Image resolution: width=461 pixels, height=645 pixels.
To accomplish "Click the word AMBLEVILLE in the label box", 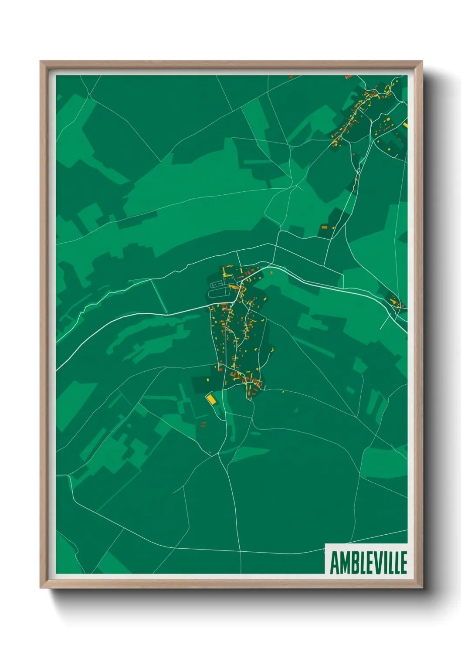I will (368, 563).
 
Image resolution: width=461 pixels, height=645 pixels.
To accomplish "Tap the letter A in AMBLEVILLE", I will (335, 563).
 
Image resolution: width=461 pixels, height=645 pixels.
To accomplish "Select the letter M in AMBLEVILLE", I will (344, 563).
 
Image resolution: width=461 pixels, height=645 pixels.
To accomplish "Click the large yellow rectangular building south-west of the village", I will (211, 399).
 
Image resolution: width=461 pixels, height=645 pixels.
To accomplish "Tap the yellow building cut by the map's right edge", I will (405, 125).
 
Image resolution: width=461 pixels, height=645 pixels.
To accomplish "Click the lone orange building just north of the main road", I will (271, 272).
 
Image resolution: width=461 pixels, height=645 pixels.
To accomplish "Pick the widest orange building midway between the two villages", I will (324, 227).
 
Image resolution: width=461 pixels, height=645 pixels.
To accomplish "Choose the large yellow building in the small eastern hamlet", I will (394, 300).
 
